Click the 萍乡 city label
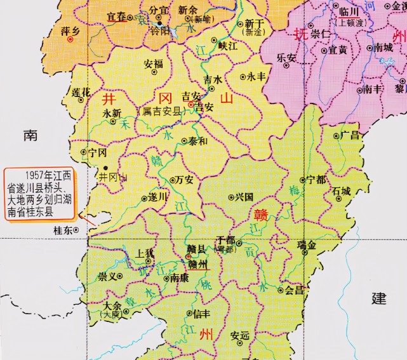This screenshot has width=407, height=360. pos(69,30)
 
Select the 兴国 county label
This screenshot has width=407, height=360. pos(244,197)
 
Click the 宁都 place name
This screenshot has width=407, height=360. pos(316,180)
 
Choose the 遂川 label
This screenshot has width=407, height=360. pos(157,197)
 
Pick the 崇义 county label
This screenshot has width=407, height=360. pos(108,277)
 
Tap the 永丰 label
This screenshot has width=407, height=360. pos(256,76)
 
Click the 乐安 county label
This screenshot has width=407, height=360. pos(287,57)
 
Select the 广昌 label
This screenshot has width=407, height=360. pos(350,135)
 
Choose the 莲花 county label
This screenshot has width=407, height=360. pos(81,93)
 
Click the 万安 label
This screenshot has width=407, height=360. pos(184,180)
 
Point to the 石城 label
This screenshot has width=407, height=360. pos(341,190)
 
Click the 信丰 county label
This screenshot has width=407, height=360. pos(201,313)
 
